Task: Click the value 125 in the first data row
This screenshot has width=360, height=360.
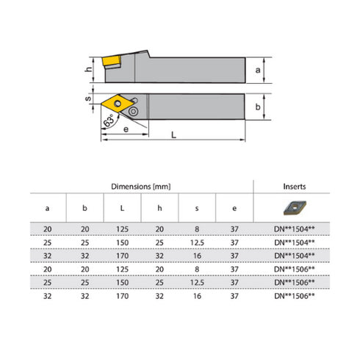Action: click(122, 229)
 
